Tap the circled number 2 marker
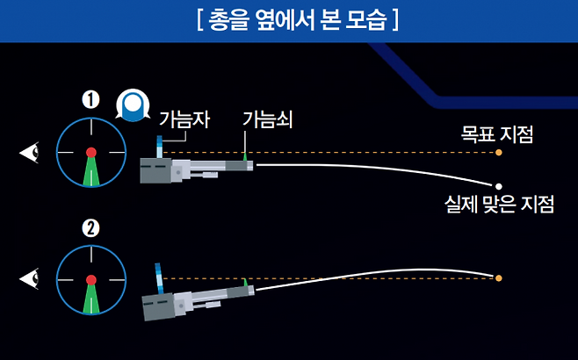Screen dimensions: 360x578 (90, 228)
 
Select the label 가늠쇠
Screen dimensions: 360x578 (267, 119)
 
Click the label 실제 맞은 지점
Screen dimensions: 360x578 (500, 205)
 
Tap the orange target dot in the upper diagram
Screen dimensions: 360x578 (498, 153)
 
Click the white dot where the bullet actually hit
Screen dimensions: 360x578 (498, 185)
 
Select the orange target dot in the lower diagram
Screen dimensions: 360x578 (498, 278)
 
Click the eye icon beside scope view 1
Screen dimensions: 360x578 (31, 154)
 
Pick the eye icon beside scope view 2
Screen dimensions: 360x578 (31, 279)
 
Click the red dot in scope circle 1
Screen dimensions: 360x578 (90, 153)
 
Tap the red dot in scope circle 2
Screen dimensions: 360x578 (90, 279)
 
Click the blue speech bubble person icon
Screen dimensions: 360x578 (132, 104)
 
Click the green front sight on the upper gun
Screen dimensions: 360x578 (246, 155)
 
